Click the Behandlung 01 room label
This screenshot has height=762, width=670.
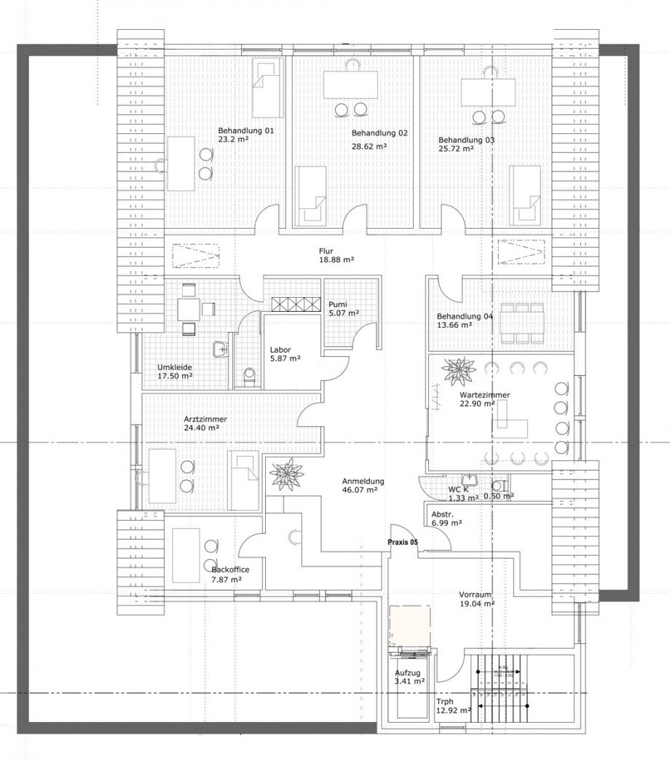coord(245,131)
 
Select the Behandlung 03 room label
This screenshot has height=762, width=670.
coord(466,139)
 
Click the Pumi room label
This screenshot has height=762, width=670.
coord(338,304)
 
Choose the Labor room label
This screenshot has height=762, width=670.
coord(280,349)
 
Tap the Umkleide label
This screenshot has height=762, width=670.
coord(175,366)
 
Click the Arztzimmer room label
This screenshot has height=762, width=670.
coord(205,420)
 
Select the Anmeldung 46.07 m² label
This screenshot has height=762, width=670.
coord(363,486)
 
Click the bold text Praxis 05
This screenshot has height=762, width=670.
coord(403,542)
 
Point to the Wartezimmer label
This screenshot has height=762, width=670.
coord(484,395)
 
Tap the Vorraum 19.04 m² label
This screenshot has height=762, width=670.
coord(477,598)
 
